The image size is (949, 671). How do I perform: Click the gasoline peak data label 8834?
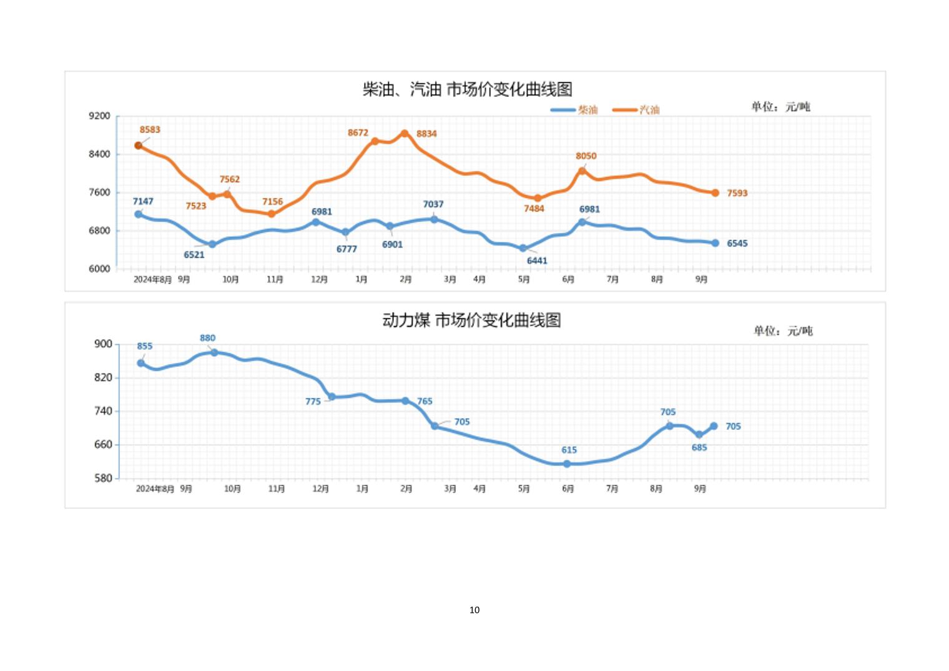(426, 134)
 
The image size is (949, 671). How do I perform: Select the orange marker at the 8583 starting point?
(139, 146)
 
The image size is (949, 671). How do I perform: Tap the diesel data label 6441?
(537, 261)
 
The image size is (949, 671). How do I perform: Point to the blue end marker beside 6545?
(715, 243)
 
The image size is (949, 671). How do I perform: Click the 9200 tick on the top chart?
(100, 116)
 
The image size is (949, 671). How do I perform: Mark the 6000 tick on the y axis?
(100, 269)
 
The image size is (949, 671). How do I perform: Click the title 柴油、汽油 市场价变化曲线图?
(468, 89)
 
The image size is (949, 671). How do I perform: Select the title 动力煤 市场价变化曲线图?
(471, 321)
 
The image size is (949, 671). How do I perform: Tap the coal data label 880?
(208, 338)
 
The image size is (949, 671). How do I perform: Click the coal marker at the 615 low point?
(567, 464)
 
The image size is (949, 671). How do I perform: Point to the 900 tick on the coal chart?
(104, 344)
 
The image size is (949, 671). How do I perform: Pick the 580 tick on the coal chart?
(104, 478)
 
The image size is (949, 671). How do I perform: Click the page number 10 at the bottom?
(474, 610)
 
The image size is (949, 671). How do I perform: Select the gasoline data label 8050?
(586, 156)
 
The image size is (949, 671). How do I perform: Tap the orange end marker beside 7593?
(715, 193)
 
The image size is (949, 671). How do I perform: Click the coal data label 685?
(699, 447)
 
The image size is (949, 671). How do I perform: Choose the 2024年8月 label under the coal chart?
(155, 489)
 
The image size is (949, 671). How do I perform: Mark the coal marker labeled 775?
(332, 397)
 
